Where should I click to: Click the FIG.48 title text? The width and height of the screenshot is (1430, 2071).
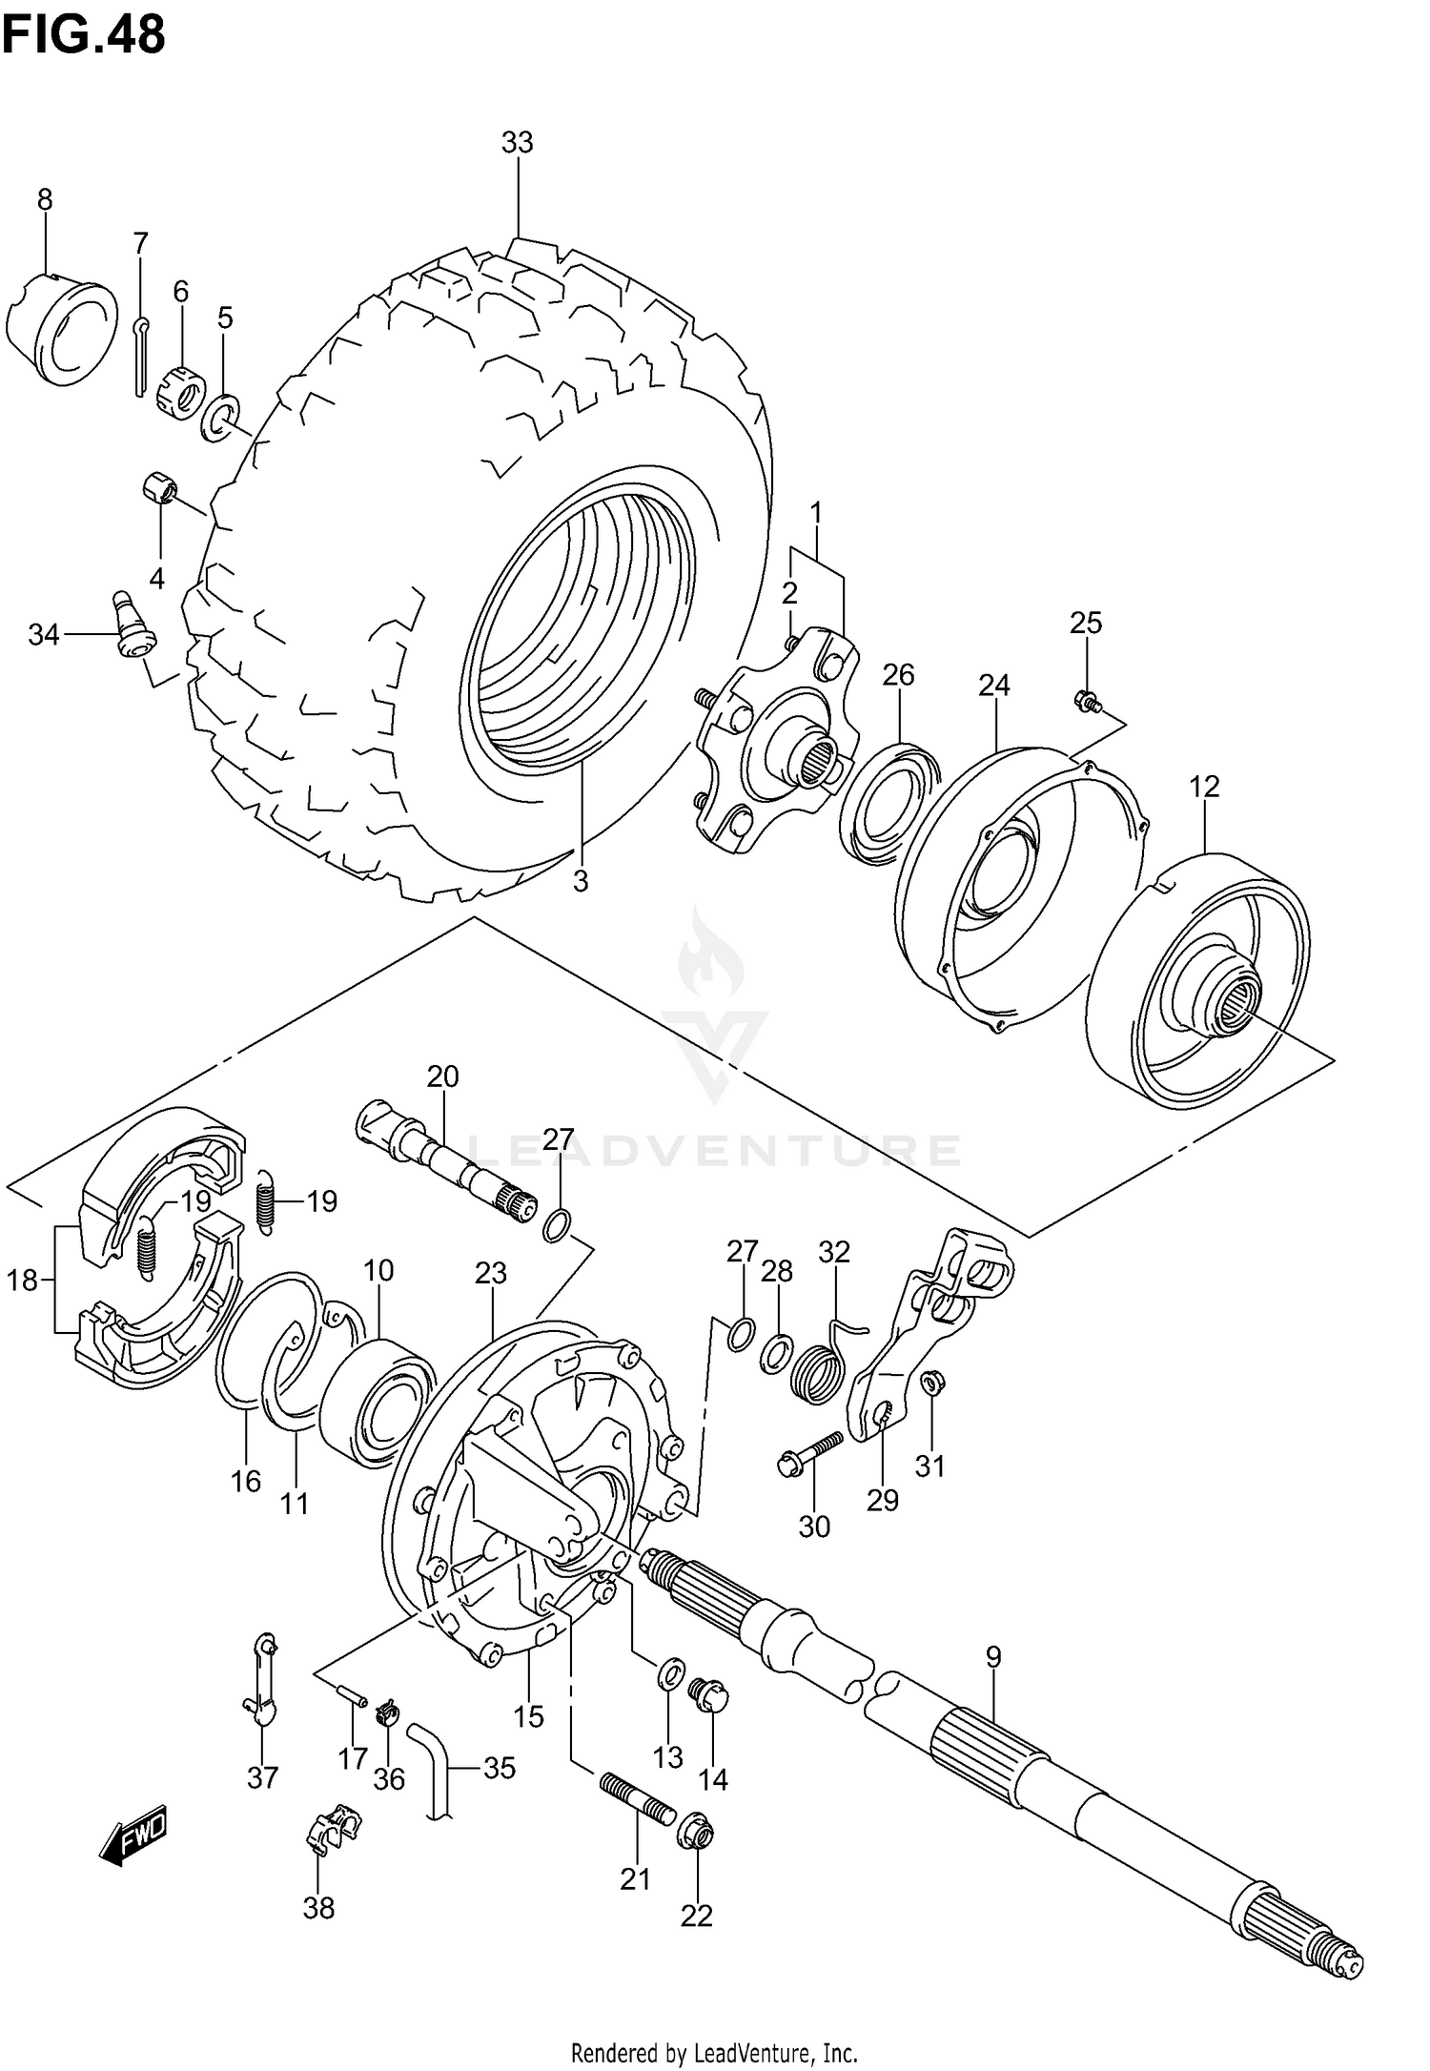[x=84, y=35]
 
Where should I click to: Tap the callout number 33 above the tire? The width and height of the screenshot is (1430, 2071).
[x=517, y=143]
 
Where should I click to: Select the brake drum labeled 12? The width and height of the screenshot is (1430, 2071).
[x=1199, y=982]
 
